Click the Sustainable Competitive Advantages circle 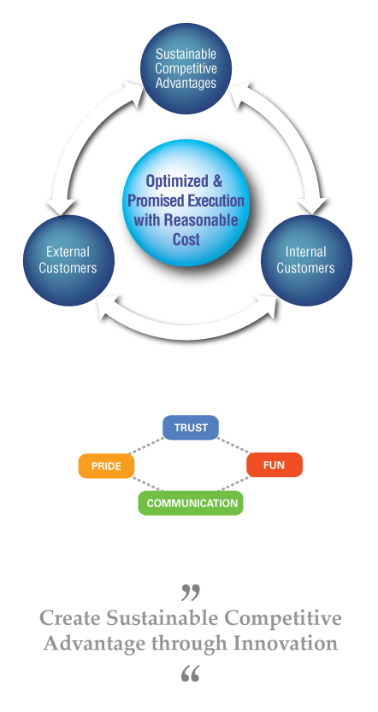point(186,68)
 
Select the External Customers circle point(68,260)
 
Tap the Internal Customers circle point(306,260)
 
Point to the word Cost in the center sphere point(186,239)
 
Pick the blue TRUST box point(191,428)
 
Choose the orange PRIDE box point(106,466)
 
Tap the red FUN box point(275,465)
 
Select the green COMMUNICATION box point(191,503)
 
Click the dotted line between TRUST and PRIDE point(146,446)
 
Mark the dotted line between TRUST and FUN point(233,446)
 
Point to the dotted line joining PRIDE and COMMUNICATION point(146,484)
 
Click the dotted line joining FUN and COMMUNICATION point(234,483)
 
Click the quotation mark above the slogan point(191,592)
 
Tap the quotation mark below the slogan point(190,674)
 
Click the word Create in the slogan point(70,618)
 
